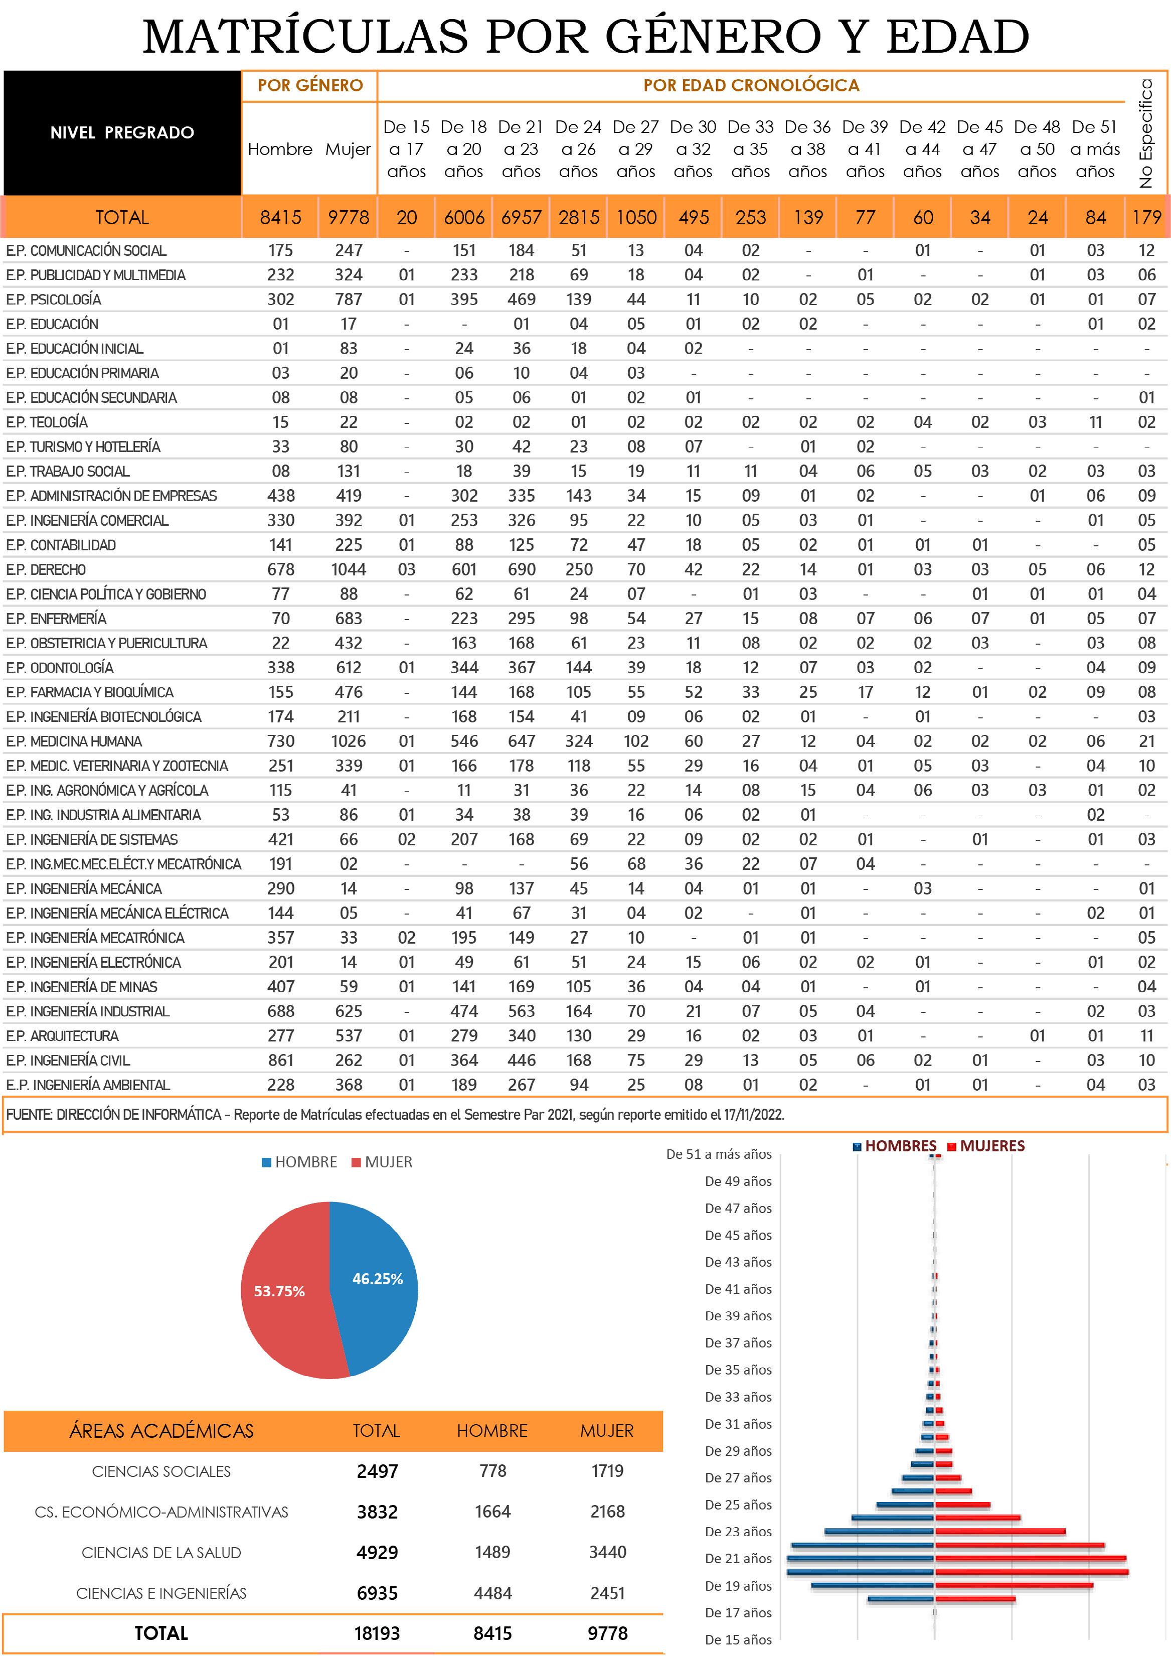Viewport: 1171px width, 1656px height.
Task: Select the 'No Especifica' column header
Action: (x=1146, y=133)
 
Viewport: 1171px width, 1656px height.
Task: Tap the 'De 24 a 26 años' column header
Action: (x=578, y=149)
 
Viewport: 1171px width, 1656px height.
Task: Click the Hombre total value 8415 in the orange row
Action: (x=280, y=217)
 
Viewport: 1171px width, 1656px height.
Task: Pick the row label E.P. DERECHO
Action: (x=46, y=570)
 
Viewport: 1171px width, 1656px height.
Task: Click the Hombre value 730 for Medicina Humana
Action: (x=280, y=741)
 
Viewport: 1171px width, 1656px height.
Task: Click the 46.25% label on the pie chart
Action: (x=377, y=1279)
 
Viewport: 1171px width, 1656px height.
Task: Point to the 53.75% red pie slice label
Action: (x=279, y=1291)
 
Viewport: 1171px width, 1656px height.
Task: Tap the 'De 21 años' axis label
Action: (x=738, y=1559)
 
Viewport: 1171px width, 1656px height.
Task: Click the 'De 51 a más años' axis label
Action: (x=718, y=1154)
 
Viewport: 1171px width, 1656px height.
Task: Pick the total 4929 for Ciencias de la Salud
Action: (x=377, y=1552)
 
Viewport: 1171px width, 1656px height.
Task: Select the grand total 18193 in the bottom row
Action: (x=377, y=1633)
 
